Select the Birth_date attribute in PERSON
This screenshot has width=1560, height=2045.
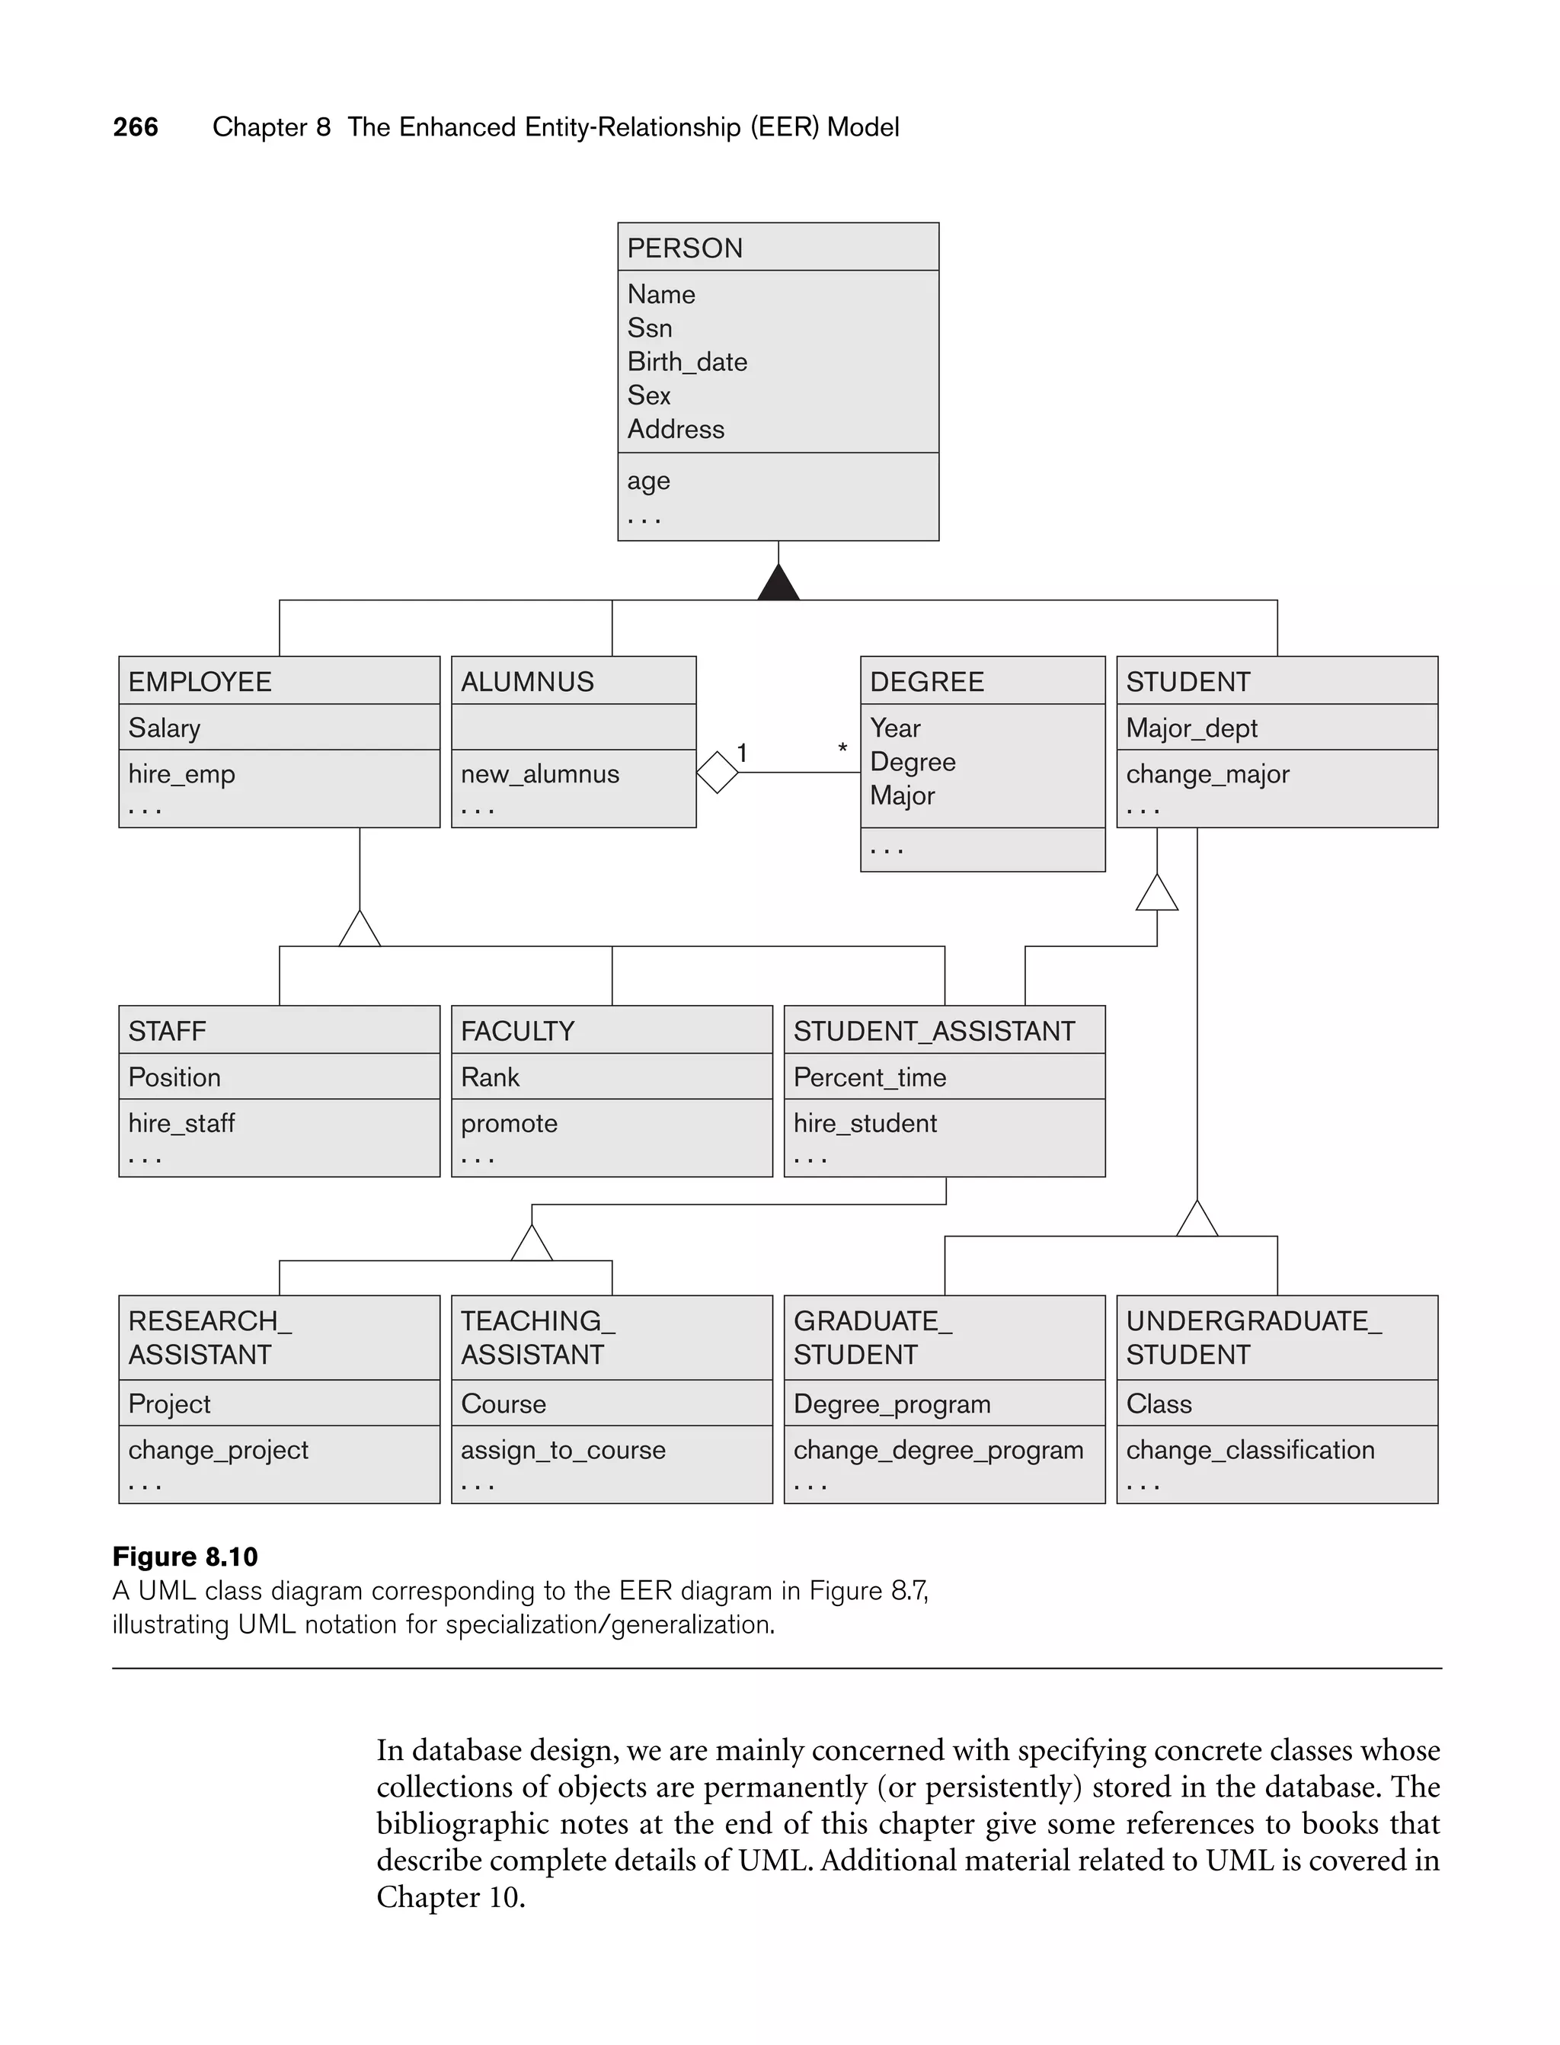[x=686, y=361]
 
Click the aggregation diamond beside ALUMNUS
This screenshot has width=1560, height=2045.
[x=717, y=772]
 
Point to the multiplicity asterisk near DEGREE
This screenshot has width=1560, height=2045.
[x=842, y=748]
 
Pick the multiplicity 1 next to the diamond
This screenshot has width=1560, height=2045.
[x=742, y=752]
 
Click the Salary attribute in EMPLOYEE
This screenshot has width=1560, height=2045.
[x=165, y=728]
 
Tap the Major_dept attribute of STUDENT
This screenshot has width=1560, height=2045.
[x=1191, y=728]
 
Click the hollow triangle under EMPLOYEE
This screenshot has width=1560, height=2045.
[x=360, y=930]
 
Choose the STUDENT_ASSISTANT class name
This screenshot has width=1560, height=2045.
[x=933, y=1031]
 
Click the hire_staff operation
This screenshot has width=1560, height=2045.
[x=181, y=1123]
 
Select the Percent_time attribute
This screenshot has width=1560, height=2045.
[x=869, y=1077]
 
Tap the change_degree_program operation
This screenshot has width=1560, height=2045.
[x=938, y=1450]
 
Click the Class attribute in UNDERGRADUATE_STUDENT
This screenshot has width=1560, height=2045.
[x=1158, y=1403]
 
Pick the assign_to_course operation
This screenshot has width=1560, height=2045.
[x=563, y=1450]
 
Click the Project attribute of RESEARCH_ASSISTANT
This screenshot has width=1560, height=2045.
[x=169, y=1403]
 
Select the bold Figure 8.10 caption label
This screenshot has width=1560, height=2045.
[x=185, y=1557]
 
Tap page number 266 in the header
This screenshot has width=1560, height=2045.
[x=136, y=126]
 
